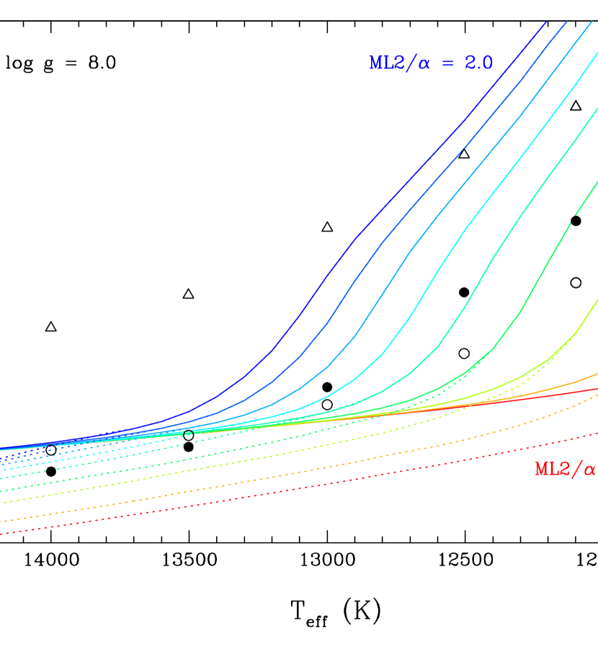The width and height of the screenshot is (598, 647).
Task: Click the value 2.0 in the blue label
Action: tap(478, 63)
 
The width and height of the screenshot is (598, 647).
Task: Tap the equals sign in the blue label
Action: tap(448, 63)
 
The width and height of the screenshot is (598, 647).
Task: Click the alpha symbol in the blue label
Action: tap(424, 64)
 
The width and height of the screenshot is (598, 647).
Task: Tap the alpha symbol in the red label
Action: tap(589, 470)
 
